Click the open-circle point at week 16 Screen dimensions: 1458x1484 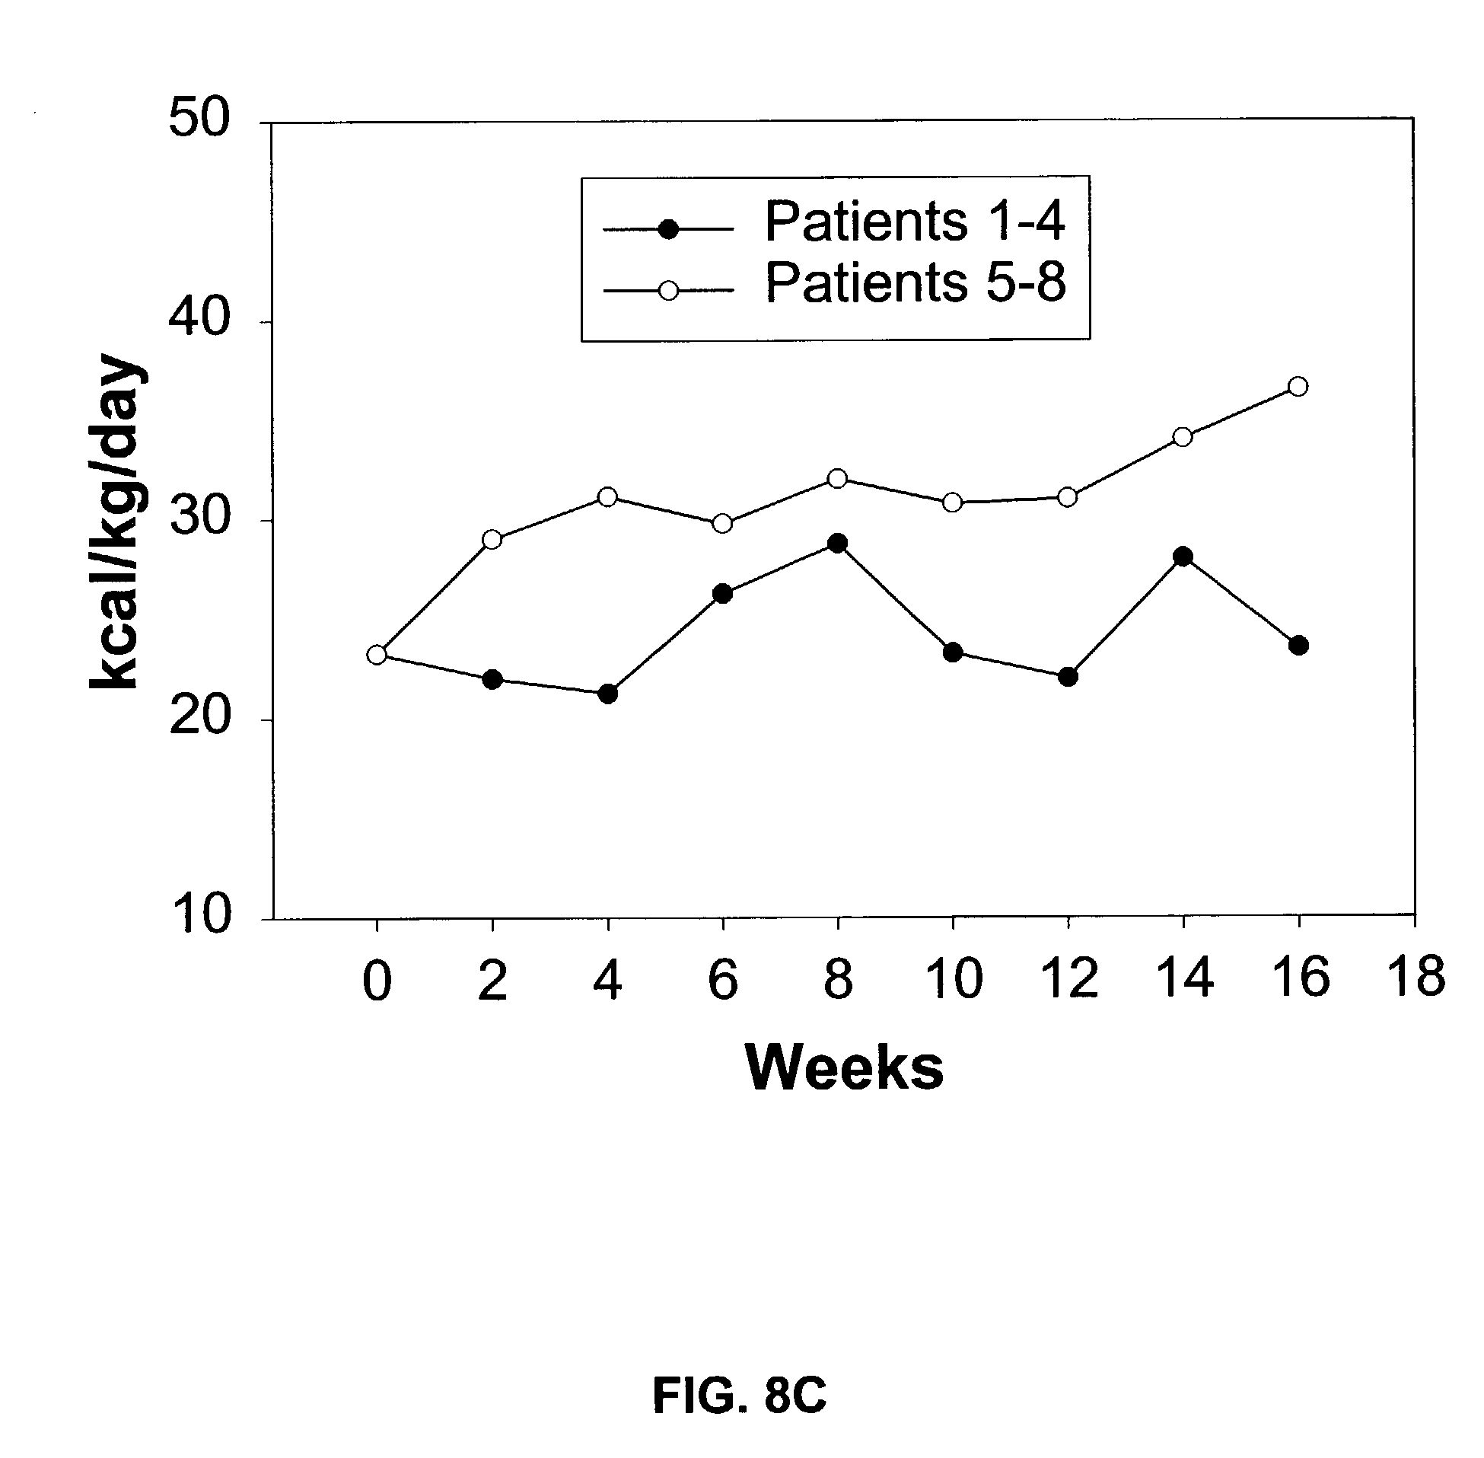point(1298,386)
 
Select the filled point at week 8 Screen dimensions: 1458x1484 point(837,544)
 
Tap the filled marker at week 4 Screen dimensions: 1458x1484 point(608,694)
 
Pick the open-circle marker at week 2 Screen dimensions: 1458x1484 point(492,540)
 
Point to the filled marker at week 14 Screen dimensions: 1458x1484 point(1183,557)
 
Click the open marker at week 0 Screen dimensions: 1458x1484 point(377,655)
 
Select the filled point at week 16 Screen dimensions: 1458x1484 point(1298,646)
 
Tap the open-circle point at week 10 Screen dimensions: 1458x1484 point(953,502)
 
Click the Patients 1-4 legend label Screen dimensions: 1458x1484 point(915,222)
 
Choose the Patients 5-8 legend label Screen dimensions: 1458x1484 point(916,283)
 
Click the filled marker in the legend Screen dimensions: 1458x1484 point(669,229)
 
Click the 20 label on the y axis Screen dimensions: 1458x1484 point(199,719)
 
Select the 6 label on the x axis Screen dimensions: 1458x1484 point(722,981)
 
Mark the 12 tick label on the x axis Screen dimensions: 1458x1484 point(1069,979)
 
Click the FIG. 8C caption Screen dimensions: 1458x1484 point(739,1396)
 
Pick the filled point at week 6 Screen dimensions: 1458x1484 point(722,593)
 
